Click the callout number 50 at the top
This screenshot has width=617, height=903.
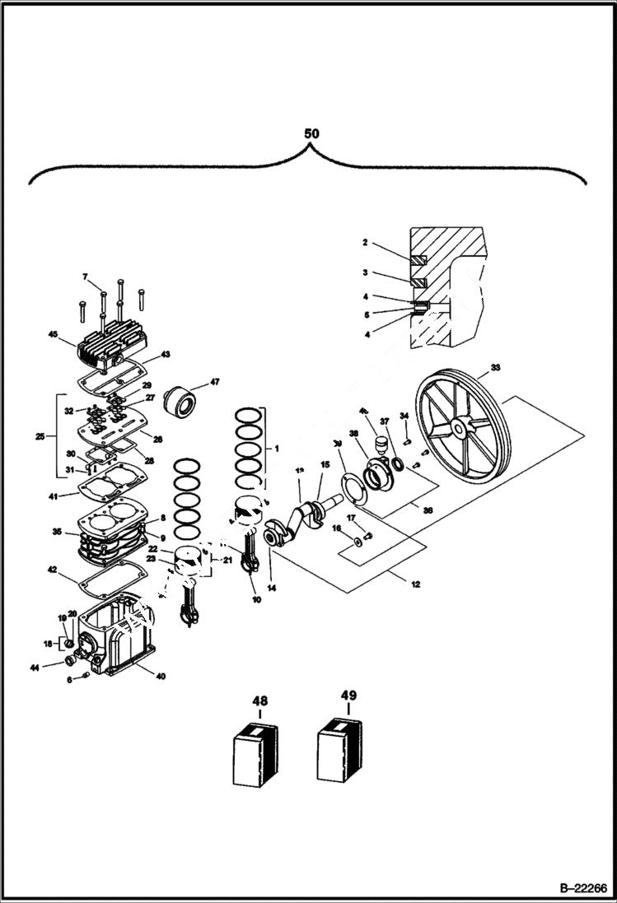[311, 133]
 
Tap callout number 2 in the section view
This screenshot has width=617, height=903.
[364, 243]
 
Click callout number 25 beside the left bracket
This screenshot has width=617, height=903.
[40, 435]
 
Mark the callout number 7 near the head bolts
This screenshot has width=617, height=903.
[84, 276]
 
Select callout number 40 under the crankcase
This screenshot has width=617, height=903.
[160, 677]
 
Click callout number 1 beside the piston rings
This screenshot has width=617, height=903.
[277, 449]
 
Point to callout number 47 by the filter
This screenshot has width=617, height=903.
[215, 382]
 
